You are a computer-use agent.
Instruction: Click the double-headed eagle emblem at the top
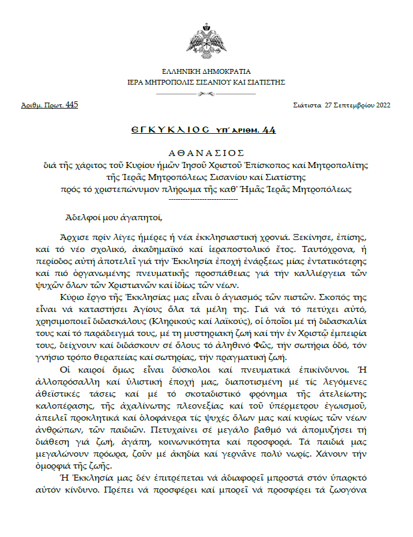(206, 40)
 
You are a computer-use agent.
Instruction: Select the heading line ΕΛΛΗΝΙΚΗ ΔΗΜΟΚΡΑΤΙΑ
(206, 71)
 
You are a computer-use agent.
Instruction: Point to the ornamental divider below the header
(206, 94)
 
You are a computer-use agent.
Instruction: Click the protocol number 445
(71, 105)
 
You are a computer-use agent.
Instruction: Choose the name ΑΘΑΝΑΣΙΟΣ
(206, 153)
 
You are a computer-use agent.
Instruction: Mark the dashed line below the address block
(206, 199)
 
